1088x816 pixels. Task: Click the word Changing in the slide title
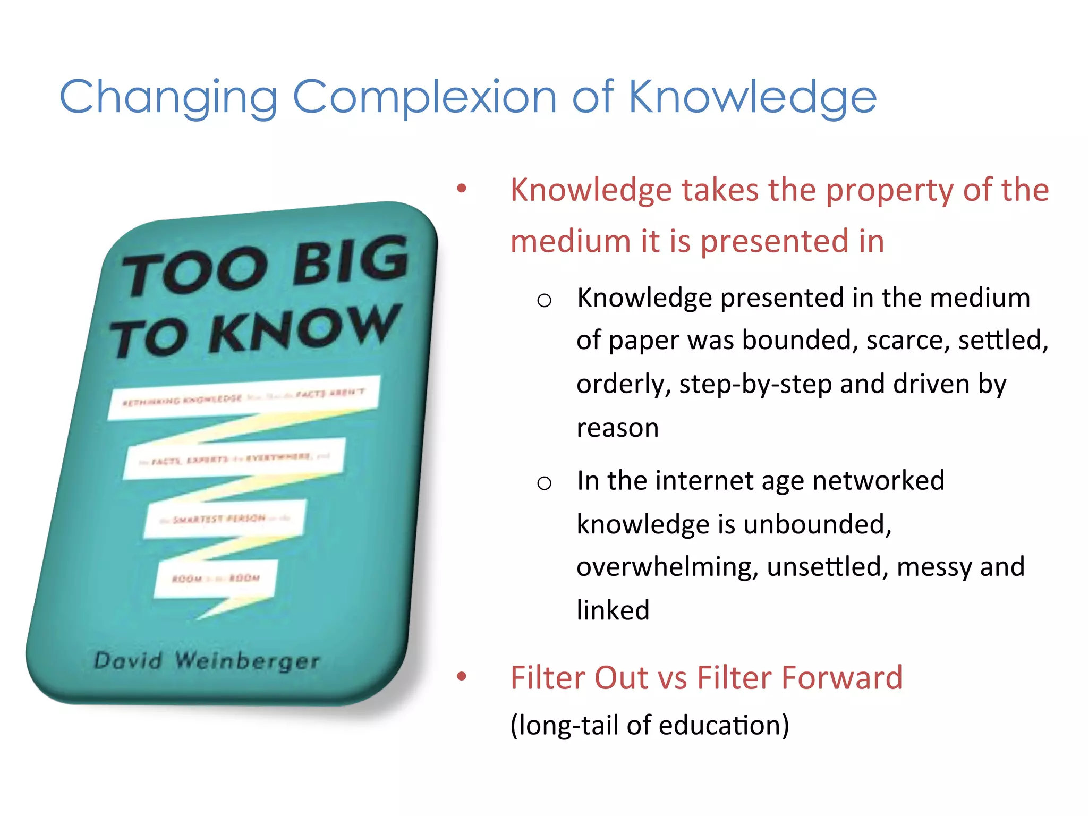168,97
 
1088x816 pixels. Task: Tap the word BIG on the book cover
351,260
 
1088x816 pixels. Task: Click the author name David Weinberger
207,661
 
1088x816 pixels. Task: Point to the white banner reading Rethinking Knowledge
243,397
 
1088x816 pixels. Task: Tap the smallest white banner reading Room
216,578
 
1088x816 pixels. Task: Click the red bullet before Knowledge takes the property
462,188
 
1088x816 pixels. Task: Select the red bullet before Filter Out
462,676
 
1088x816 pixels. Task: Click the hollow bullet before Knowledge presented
544,301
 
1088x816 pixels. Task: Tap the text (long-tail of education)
649,725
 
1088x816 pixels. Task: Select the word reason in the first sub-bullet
617,428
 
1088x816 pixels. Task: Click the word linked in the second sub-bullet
613,610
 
